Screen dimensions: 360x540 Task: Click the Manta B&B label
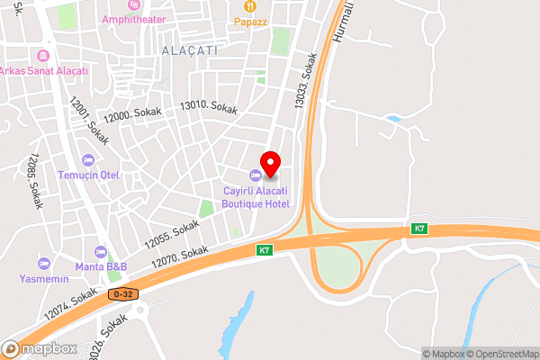pyautogui.click(x=101, y=266)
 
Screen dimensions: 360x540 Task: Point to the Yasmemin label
pyautogui.click(x=43, y=278)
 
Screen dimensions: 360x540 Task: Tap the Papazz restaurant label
pyautogui.click(x=251, y=21)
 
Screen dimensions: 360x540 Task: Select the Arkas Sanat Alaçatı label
pyautogui.click(x=44, y=70)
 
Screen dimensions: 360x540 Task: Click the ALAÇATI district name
pyautogui.click(x=190, y=51)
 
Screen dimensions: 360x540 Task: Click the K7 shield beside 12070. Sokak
pyautogui.click(x=264, y=249)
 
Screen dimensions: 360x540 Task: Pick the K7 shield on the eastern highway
pyautogui.click(x=419, y=228)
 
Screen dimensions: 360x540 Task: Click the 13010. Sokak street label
pyautogui.click(x=209, y=107)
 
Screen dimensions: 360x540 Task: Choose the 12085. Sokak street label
pyautogui.click(x=33, y=183)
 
